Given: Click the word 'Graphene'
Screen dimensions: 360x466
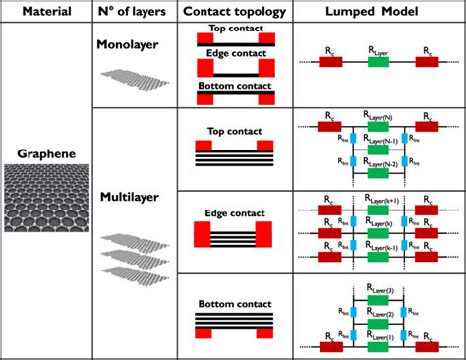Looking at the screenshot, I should (46, 154).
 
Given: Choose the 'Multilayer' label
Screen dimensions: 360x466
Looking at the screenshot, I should (132, 197).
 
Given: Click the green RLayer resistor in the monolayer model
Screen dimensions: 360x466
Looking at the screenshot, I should (378, 61).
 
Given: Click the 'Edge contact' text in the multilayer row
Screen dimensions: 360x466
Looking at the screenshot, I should (235, 208).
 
